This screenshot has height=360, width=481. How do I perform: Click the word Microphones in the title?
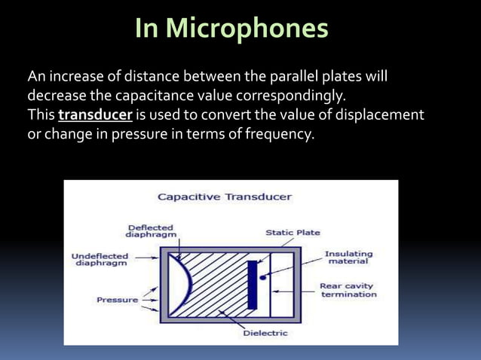(247, 29)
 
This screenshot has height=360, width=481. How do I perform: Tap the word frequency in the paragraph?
(276, 136)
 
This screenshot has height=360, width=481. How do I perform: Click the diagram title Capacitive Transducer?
(224, 197)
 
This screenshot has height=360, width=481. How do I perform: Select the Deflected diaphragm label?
(151, 230)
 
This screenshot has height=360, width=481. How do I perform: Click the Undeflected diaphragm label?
(100, 260)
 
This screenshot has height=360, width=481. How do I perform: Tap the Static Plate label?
(293, 233)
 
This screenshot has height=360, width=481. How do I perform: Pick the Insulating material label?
(348, 258)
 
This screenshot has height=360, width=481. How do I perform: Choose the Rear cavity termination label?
(348, 290)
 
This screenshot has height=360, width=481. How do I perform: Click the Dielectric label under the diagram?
(265, 332)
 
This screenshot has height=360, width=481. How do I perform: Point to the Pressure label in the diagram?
(117, 300)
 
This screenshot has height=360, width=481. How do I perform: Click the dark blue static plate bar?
(253, 284)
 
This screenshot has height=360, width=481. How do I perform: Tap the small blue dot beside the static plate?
(262, 277)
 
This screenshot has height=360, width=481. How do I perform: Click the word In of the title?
(147, 29)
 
